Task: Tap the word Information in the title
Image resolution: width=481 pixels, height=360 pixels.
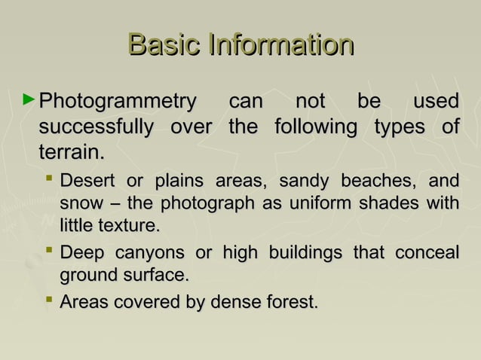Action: click(x=280, y=44)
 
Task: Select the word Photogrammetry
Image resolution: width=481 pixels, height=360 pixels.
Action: click(x=117, y=102)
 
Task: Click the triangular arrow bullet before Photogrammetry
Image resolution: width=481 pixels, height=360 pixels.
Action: click(x=29, y=99)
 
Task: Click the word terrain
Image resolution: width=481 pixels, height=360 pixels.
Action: click(x=70, y=153)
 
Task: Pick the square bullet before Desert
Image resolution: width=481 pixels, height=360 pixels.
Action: click(x=49, y=180)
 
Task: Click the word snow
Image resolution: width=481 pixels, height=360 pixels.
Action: click(x=79, y=203)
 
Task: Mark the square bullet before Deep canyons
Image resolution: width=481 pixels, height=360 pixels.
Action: click(x=49, y=251)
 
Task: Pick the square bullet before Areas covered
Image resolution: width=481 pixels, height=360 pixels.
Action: click(x=49, y=301)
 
